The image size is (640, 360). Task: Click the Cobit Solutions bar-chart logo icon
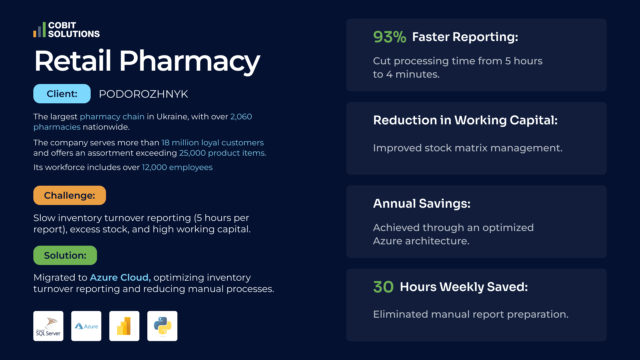pyautogui.click(x=39, y=30)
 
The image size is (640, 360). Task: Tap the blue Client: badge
pyautogui.click(x=62, y=94)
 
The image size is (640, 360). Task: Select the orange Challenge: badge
pyautogui.click(x=70, y=195)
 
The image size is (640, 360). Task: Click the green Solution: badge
pyautogui.click(x=65, y=255)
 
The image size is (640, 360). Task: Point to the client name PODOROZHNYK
pyautogui.click(x=143, y=94)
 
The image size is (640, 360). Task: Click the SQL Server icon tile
pyautogui.click(x=48, y=326)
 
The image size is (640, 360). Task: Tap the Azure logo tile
pyautogui.click(x=86, y=326)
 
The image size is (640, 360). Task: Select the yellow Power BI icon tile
pyautogui.click(x=124, y=326)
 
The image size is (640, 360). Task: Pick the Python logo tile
pyautogui.click(x=162, y=326)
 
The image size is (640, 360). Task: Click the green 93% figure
pyautogui.click(x=390, y=37)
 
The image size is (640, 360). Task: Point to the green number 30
pyautogui.click(x=383, y=287)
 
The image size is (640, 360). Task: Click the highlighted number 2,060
pyautogui.click(x=241, y=117)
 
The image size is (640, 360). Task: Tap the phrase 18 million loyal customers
pyautogui.click(x=213, y=143)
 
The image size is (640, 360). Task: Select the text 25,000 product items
pyautogui.click(x=223, y=153)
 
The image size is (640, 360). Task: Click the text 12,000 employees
pyautogui.click(x=177, y=167)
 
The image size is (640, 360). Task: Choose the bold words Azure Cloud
pyautogui.click(x=120, y=277)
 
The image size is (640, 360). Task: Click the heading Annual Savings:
pyautogui.click(x=422, y=203)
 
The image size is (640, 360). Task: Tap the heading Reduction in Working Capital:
pyautogui.click(x=465, y=120)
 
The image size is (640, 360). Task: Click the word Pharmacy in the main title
pyautogui.click(x=189, y=61)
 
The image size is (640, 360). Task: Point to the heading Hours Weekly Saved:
pyautogui.click(x=464, y=287)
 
